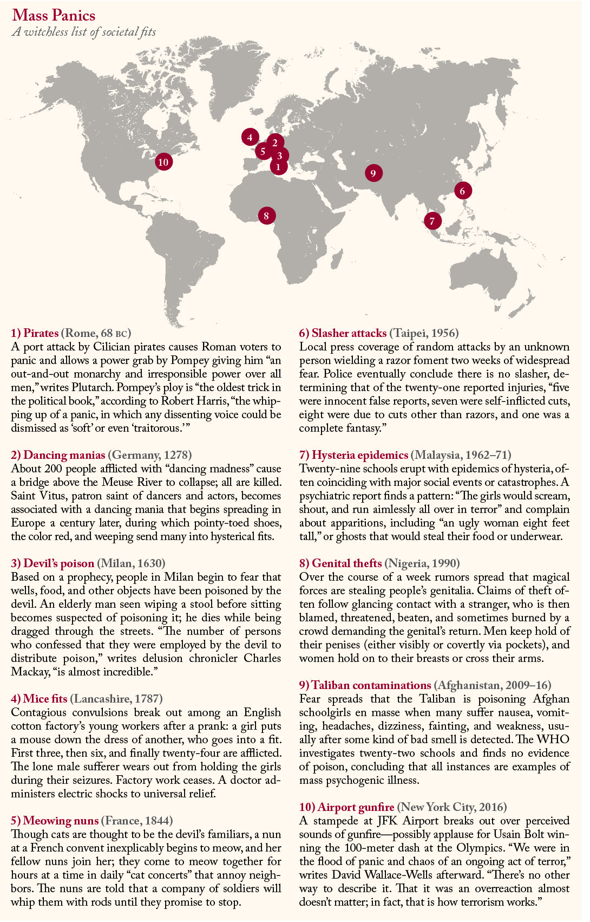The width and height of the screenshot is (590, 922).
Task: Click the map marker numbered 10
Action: point(163,161)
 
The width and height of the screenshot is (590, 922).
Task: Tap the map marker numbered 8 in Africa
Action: point(266,216)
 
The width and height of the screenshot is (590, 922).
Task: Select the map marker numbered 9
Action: point(373,173)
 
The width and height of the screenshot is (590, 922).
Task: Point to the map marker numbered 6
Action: point(462,190)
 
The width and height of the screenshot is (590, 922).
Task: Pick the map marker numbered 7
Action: point(432,220)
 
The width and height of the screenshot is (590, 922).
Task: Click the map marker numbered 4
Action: point(250,137)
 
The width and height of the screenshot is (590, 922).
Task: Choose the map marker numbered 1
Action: point(278,167)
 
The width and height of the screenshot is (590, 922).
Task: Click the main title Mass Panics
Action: point(54,15)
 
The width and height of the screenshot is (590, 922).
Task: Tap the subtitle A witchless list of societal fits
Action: point(84,32)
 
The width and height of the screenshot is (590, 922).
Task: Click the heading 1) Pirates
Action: point(35,333)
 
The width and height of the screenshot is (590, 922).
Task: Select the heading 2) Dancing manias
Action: point(58,455)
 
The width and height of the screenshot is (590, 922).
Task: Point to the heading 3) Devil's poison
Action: point(53,563)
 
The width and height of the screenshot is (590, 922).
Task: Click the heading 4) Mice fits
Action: point(39,699)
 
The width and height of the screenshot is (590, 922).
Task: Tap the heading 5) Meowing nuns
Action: point(55,821)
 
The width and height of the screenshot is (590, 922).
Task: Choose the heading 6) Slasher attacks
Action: point(343,333)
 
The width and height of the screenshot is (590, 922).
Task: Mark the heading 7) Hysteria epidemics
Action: point(353,455)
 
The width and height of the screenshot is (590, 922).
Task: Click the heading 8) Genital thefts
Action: point(340,563)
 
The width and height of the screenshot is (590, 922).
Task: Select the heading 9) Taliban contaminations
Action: point(365,685)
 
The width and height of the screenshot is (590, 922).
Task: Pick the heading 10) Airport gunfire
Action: point(346,807)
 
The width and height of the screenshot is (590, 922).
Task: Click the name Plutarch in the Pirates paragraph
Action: point(94,387)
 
